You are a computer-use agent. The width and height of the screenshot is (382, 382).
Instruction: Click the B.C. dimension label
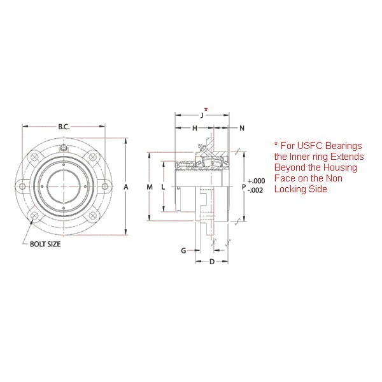coord(64,127)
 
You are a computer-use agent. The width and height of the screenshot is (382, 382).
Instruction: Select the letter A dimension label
coord(126,187)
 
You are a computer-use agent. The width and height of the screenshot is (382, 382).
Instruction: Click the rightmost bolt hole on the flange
coord(105,186)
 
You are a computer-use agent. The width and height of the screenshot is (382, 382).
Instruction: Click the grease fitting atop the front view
coord(64,148)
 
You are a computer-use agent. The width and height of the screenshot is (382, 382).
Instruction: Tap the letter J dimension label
coord(201,116)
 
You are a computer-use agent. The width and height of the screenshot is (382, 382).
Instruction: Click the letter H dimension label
coord(194,129)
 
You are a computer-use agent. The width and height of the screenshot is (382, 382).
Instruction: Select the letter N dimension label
coord(242,129)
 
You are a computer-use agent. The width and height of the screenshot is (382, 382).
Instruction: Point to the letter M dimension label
coord(150,187)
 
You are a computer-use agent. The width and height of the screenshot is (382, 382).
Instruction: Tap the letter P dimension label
coord(244,187)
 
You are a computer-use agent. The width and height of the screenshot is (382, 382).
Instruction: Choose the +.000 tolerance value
coord(257,181)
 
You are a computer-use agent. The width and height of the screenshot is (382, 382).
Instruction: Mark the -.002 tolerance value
coord(257,190)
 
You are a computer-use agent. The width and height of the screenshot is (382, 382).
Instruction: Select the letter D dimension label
coord(211,262)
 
